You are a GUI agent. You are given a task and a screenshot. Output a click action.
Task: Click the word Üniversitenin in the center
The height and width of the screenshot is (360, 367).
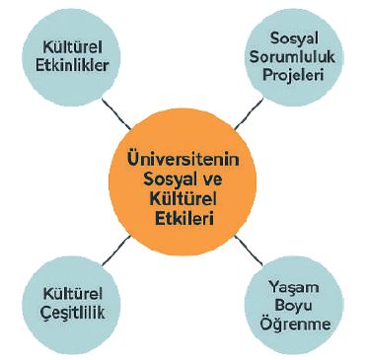click(x=184, y=158)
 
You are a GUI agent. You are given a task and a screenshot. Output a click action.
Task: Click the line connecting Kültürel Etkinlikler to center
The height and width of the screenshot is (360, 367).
click(x=118, y=113)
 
